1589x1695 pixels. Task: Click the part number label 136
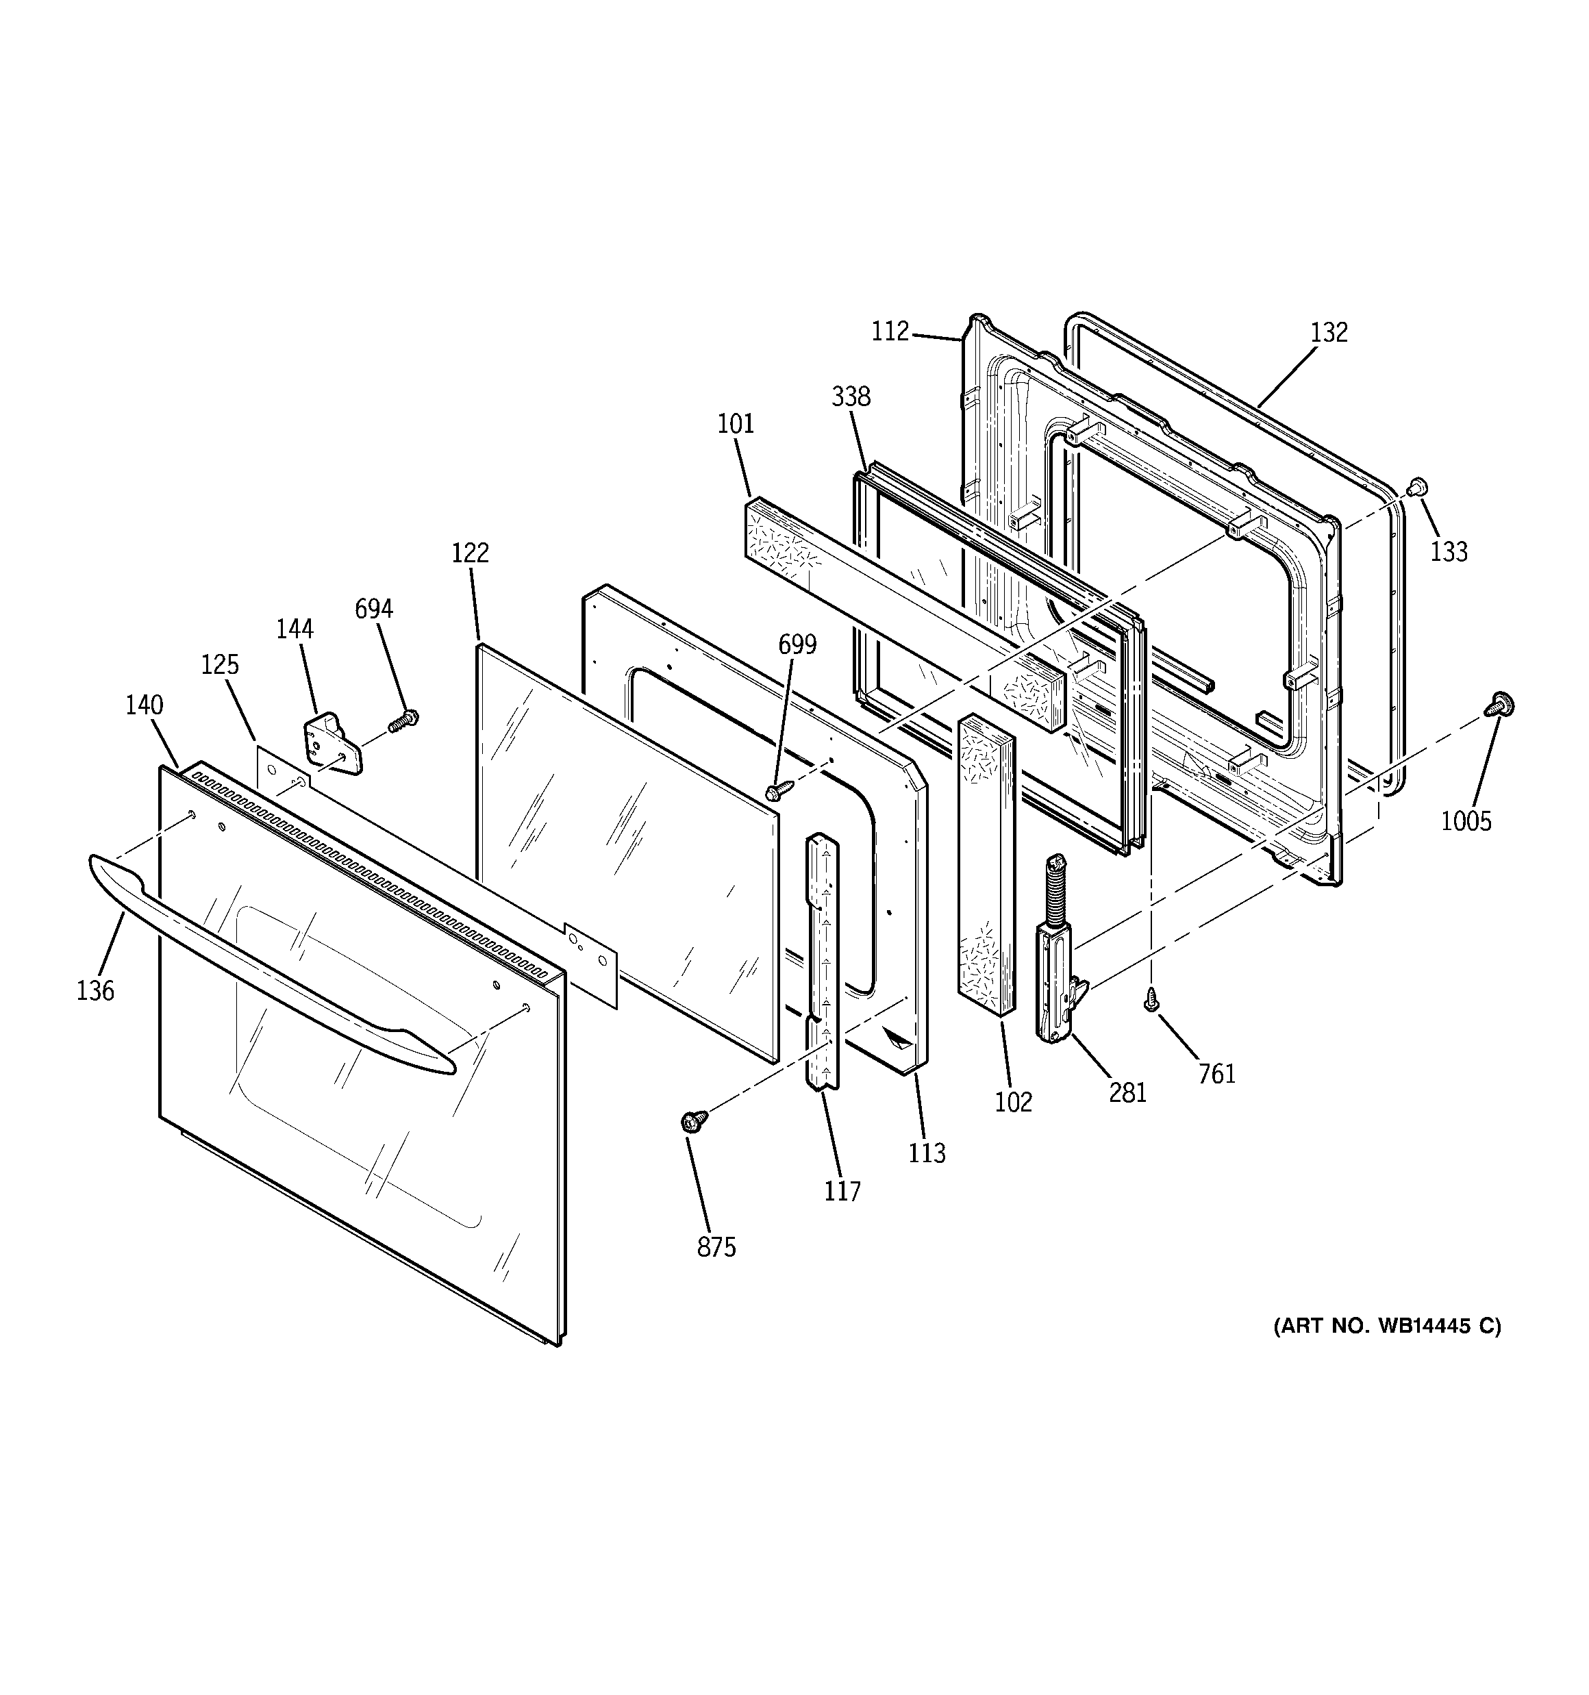[x=95, y=991]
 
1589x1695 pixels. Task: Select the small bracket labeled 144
[x=331, y=746]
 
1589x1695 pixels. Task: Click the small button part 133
[x=1416, y=488]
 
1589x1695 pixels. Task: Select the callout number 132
[x=1329, y=333]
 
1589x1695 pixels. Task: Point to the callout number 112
[x=890, y=331]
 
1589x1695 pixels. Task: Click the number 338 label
[x=851, y=397]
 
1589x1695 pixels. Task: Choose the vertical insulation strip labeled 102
[x=986, y=861]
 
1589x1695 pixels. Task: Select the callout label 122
[x=470, y=553]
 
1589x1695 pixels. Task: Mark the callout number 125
[x=220, y=664]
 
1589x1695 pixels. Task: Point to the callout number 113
[x=927, y=1153]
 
